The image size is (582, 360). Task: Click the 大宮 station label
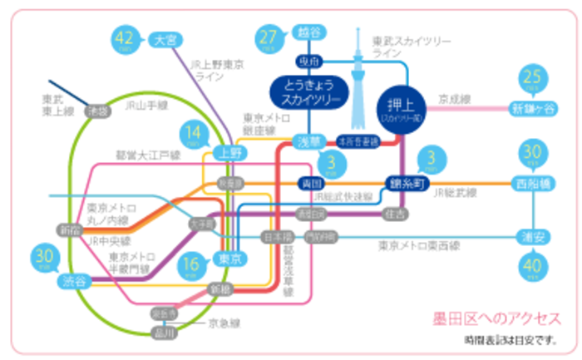point(167,39)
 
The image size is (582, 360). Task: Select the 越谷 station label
point(308,33)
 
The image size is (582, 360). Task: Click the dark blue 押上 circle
point(403,109)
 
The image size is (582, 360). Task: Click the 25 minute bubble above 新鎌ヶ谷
point(532,81)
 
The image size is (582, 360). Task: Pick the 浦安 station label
point(532,237)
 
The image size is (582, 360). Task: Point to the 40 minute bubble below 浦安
point(532,266)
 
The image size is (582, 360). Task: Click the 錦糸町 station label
point(405,183)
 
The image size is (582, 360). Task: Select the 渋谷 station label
point(74,282)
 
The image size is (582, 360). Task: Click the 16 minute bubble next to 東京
point(192,264)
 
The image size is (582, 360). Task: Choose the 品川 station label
point(167,333)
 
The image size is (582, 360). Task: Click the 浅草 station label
point(308,141)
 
